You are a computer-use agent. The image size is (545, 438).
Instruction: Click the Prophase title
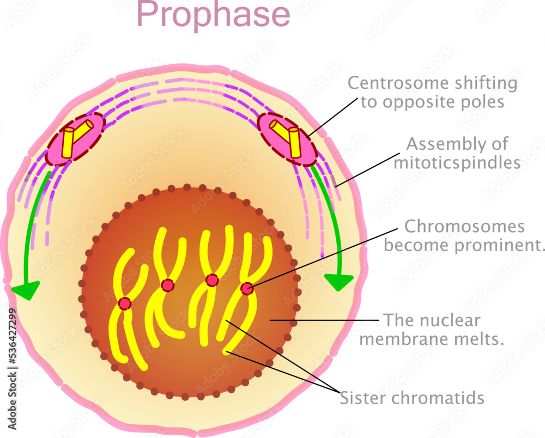coord(213,15)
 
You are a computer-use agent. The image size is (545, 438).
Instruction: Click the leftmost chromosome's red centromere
coord(125,303)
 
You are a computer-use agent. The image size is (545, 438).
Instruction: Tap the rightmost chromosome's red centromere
coord(247,289)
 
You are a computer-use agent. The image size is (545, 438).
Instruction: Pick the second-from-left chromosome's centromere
coord(168,285)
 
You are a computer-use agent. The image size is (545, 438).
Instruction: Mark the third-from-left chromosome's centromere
coord(212,280)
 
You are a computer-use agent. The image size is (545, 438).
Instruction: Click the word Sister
coord(362,398)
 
